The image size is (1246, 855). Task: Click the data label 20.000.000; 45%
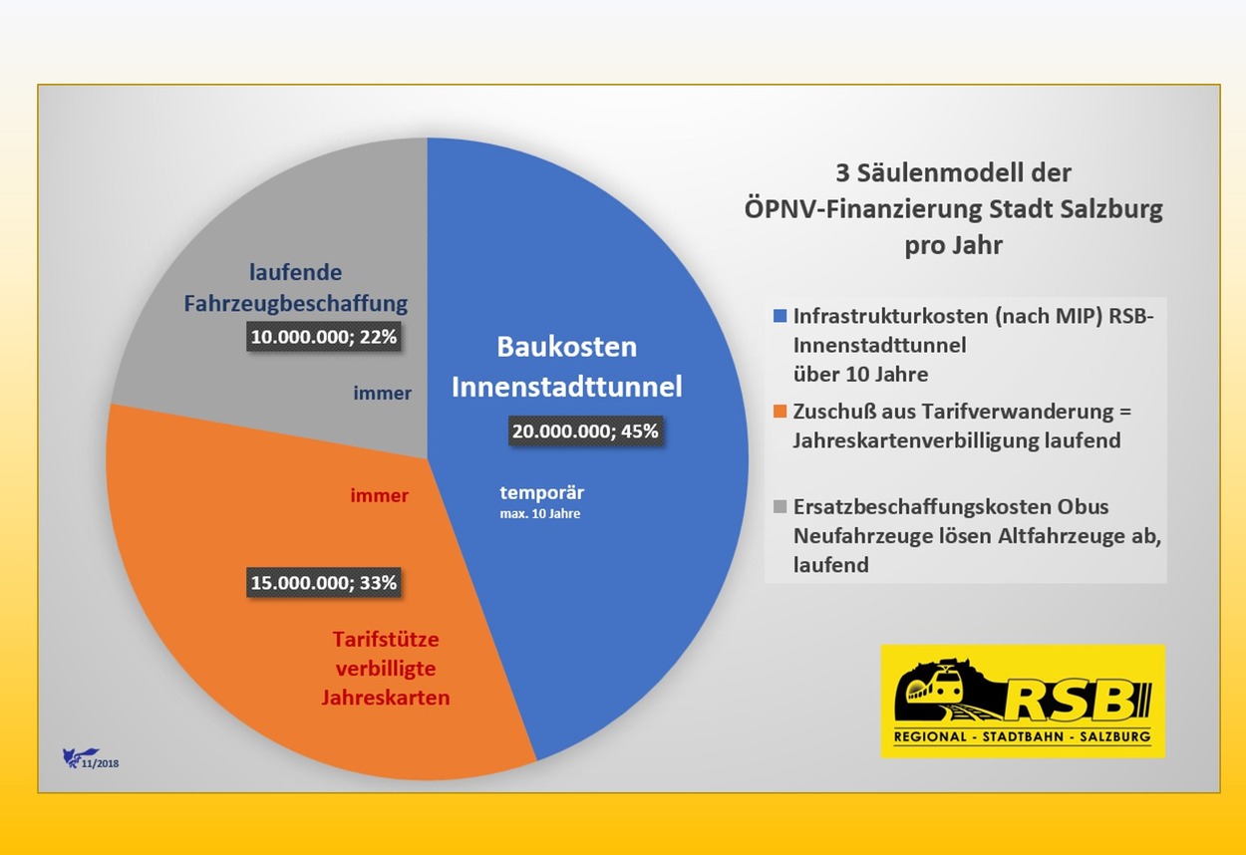585,431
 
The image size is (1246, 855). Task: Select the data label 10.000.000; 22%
324,338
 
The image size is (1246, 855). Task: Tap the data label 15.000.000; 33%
324,583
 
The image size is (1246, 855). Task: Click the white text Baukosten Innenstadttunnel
566,367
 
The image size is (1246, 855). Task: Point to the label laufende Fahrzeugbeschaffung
296,287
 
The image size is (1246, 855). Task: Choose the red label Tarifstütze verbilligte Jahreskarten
386,668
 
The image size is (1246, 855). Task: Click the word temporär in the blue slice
542,492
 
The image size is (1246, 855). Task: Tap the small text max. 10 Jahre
539,514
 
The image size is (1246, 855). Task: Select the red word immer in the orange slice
380,495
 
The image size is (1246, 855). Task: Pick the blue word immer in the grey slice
382,394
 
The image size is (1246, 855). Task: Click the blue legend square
779,316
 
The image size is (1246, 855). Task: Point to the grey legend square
779,507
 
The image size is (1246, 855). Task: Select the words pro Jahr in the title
953,245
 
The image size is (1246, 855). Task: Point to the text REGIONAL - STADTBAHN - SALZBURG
1022,737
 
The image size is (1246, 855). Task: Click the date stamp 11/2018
103,762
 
